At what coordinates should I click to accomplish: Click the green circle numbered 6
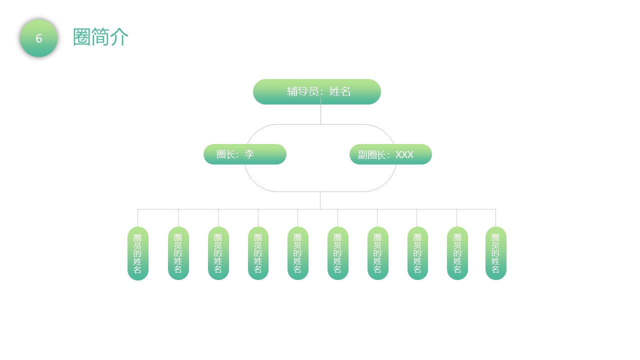(x=39, y=38)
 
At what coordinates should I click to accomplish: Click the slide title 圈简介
(x=100, y=37)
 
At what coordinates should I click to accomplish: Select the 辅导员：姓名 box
(x=317, y=91)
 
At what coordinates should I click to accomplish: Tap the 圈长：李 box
(x=245, y=154)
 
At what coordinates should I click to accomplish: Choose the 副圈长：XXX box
(x=390, y=154)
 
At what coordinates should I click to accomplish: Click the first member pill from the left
(x=137, y=253)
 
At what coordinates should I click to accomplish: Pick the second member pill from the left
(x=178, y=253)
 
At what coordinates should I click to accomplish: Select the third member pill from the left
(x=218, y=253)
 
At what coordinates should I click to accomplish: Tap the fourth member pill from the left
(x=258, y=253)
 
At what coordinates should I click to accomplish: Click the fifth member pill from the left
(x=297, y=253)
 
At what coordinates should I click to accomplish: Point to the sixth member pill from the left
(x=337, y=253)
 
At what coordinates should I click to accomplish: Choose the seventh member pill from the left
(x=377, y=253)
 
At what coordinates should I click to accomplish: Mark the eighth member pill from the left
(x=417, y=253)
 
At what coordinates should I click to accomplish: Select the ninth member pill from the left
(x=457, y=253)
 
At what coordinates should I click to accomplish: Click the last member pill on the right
(x=495, y=253)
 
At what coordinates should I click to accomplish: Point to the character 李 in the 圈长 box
(x=249, y=154)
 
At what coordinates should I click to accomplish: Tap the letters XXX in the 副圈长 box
(x=404, y=154)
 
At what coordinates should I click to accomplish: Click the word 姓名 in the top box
(x=339, y=91)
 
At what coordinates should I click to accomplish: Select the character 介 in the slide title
(x=119, y=37)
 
